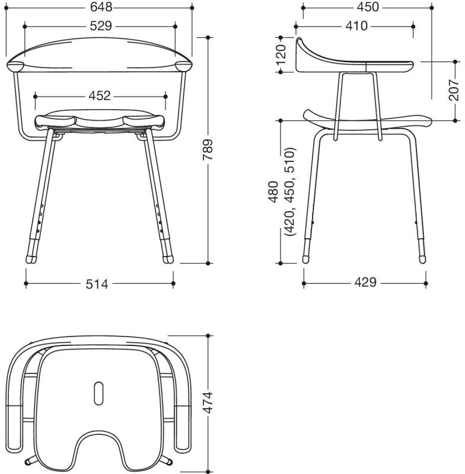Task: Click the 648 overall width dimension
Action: tap(101, 7)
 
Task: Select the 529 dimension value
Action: tap(101, 26)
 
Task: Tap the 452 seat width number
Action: tap(100, 96)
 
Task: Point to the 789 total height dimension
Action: tap(208, 150)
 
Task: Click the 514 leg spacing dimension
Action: tap(97, 284)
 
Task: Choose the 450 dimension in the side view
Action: tap(368, 7)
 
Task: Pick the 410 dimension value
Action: tap(356, 26)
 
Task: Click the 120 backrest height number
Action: tap(281, 55)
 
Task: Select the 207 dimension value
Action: tap(454, 90)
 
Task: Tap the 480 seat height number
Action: tap(273, 191)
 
